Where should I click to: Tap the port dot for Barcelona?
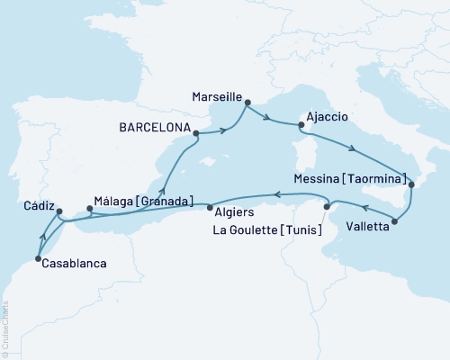(x=195, y=135)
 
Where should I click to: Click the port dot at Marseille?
(x=248, y=103)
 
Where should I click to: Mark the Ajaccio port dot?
(x=301, y=127)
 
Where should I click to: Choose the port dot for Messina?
(x=411, y=184)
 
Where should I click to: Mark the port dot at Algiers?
(x=209, y=208)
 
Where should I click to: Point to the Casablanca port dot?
(x=37, y=259)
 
